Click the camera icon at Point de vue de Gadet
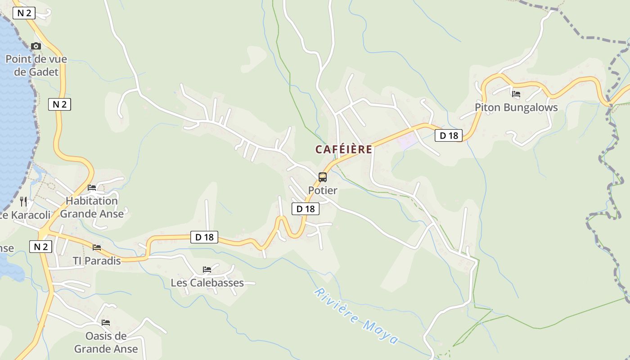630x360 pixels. (36, 46)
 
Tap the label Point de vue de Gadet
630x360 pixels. (36, 65)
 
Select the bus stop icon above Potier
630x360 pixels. (323, 177)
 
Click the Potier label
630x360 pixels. (323, 190)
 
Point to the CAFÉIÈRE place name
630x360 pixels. (344, 149)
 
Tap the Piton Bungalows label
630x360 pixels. (516, 108)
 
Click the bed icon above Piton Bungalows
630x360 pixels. (516, 94)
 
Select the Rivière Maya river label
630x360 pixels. (356, 316)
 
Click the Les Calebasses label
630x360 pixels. (207, 283)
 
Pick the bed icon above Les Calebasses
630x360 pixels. (207, 270)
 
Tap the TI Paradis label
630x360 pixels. (97, 261)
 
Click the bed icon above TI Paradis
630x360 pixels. (97, 247)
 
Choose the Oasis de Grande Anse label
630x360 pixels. (106, 342)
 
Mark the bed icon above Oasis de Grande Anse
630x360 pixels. (106, 322)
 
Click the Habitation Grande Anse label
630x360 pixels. (92, 207)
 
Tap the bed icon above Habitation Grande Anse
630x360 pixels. (92, 187)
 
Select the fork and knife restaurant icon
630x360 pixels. (23, 201)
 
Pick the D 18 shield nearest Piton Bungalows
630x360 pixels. (448, 135)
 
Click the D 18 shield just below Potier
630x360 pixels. (306, 209)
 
